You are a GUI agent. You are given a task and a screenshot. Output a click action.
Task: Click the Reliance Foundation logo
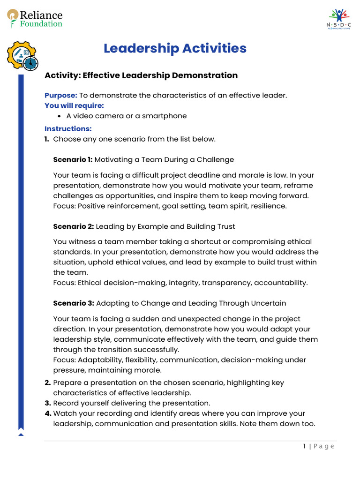pos(35,19)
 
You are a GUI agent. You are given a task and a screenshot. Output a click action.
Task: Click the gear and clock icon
pos(22,55)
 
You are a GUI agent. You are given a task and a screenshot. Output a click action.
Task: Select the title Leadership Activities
pos(175,48)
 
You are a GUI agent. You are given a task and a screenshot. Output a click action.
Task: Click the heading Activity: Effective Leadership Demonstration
pos(141,75)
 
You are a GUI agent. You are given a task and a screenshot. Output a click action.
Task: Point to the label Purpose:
pos(60,95)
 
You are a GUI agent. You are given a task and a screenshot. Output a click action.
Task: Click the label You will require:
pos(74,105)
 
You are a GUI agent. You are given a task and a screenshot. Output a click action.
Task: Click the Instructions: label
pos(68,128)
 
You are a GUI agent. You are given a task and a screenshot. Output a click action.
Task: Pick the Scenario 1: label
pos(73,159)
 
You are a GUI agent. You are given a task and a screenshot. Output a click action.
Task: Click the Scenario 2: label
pos(73,226)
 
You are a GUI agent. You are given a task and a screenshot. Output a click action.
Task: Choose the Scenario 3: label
pos(74,303)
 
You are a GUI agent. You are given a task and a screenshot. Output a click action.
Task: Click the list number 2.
pos(47,382)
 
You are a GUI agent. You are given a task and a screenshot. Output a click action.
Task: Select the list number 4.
pos(47,413)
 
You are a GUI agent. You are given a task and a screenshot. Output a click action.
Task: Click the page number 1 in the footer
pos(305,446)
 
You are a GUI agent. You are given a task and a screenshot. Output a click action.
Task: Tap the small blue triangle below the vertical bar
pos(21,435)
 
